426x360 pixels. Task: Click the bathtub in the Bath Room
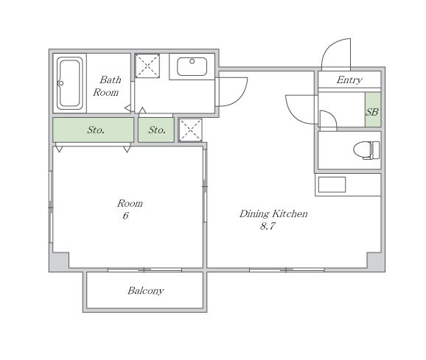coord(70,83)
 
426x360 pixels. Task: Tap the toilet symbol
coord(366,150)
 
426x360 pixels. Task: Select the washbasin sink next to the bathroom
coord(192,66)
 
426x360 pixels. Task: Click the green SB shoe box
coord(373,110)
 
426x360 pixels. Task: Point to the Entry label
coord(349,80)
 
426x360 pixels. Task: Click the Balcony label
coord(146,291)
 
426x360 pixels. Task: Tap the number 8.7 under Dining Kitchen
coord(268,226)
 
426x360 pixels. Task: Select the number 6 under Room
coord(125,216)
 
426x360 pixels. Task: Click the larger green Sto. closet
coord(93,130)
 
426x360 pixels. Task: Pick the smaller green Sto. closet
coord(156,130)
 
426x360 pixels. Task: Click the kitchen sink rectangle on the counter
coord(332,185)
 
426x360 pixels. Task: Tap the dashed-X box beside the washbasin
coord(147,66)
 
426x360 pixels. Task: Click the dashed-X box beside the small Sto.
coord(190,130)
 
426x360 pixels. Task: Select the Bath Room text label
coord(107,86)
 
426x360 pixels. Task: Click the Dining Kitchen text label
coord(273,213)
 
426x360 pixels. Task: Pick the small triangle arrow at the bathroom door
coord(128,108)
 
